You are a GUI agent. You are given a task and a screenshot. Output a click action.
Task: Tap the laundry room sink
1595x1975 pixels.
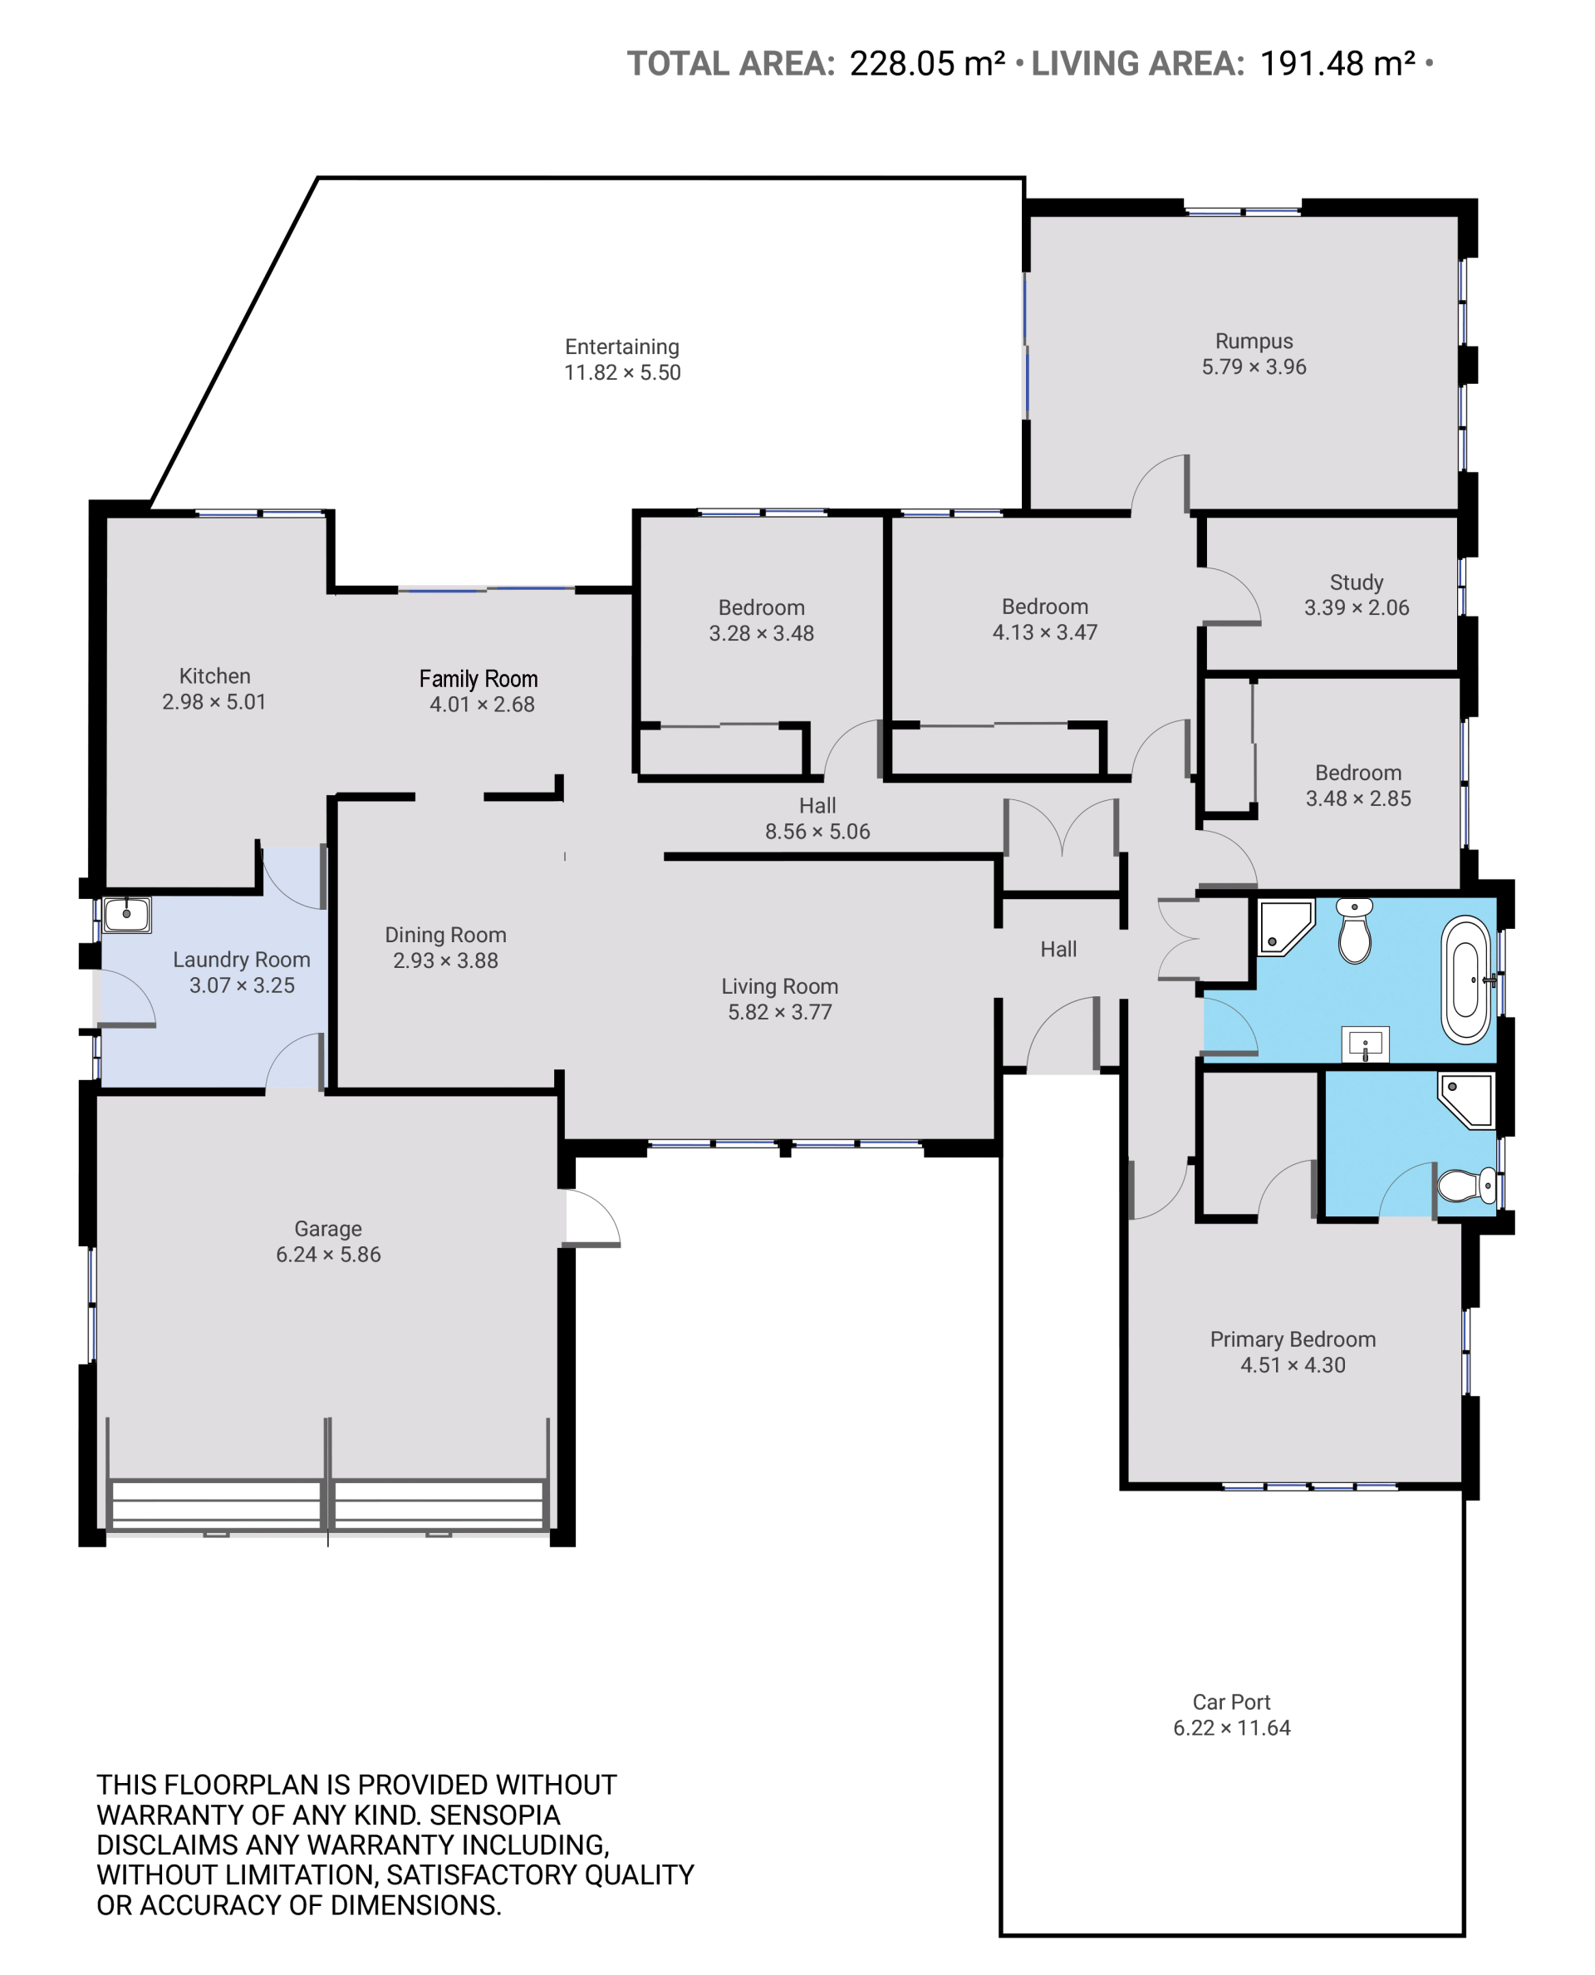point(127,915)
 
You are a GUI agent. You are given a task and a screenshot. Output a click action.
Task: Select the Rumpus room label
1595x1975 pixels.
point(1254,341)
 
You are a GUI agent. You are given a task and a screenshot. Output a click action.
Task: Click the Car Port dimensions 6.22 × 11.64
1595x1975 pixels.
point(1231,1727)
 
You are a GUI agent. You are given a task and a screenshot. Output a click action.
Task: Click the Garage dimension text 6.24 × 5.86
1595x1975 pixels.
point(328,1255)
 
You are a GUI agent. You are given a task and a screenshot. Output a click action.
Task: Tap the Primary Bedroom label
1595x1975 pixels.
point(1293,1339)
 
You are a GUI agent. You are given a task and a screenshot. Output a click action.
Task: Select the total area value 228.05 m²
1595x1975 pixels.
point(927,63)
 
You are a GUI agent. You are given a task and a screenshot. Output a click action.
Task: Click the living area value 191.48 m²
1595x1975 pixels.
point(1337,63)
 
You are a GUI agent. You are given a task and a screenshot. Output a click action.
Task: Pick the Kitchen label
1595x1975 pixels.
point(214,676)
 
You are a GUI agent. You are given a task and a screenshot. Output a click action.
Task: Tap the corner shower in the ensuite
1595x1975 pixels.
point(1467,1101)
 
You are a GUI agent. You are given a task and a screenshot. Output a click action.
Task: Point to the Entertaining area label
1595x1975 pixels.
point(622,346)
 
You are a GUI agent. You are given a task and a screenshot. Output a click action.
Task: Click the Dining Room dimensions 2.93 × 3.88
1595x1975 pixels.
point(445,960)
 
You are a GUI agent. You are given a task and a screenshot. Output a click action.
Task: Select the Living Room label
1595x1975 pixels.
point(779,986)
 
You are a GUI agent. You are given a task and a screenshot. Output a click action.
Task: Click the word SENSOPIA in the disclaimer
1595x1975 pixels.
point(495,1815)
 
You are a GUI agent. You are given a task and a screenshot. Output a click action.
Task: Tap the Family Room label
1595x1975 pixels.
point(478,678)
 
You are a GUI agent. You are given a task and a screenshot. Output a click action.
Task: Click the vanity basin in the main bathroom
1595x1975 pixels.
point(1366,1044)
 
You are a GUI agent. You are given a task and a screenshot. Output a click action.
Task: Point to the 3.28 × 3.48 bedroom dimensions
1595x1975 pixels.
point(761,633)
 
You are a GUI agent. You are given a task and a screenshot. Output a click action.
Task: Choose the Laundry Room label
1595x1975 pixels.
point(242,960)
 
